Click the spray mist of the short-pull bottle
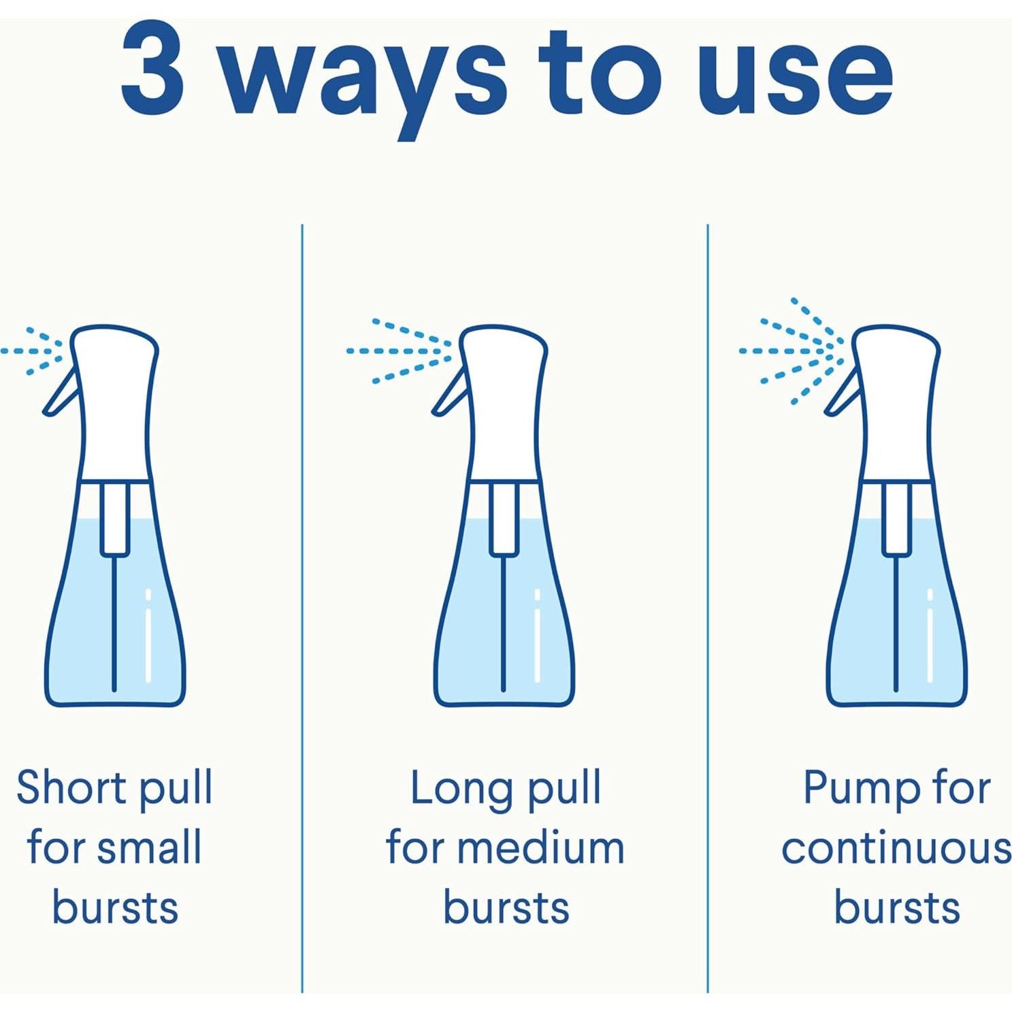pos(33,351)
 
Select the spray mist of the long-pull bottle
pos(399,351)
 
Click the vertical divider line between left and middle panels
pos(302,608)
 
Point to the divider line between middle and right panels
pos(708,608)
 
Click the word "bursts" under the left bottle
pos(115,907)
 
